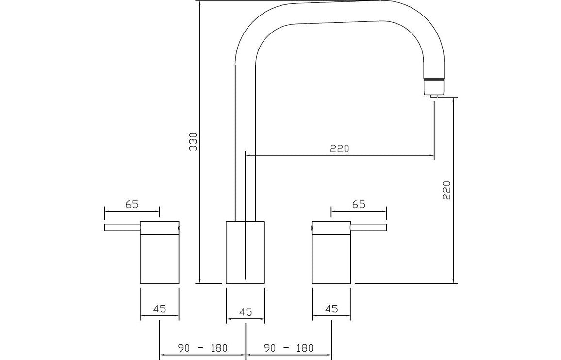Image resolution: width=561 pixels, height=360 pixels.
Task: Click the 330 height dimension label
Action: click(193, 142)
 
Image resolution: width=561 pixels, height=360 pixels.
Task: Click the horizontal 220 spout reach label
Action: click(339, 148)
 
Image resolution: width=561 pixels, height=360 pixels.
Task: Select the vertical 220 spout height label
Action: click(447, 190)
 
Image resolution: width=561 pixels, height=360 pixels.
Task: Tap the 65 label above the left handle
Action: click(132, 204)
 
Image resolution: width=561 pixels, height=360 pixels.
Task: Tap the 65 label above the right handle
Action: click(359, 204)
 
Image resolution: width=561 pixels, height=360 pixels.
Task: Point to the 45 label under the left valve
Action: click(160, 308)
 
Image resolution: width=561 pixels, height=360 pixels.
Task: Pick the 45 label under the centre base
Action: click(246, 312)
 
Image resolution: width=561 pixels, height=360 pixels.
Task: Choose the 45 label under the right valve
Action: click(331, 308)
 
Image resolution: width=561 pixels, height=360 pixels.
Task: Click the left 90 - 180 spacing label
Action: click(202, 347)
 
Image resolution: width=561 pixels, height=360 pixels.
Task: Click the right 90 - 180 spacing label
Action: click(289, 347)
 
